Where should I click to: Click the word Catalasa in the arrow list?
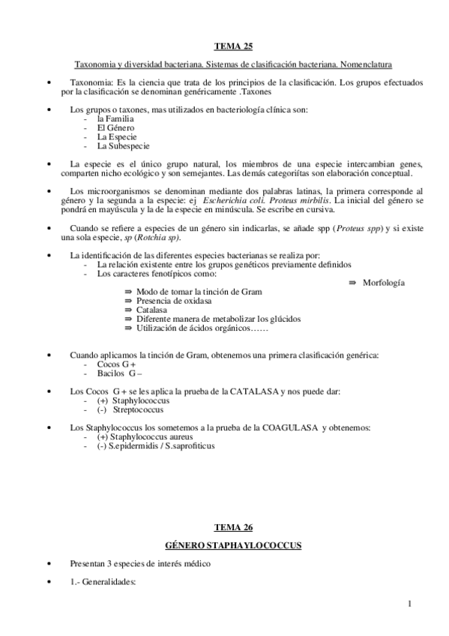tap(151, 309)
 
